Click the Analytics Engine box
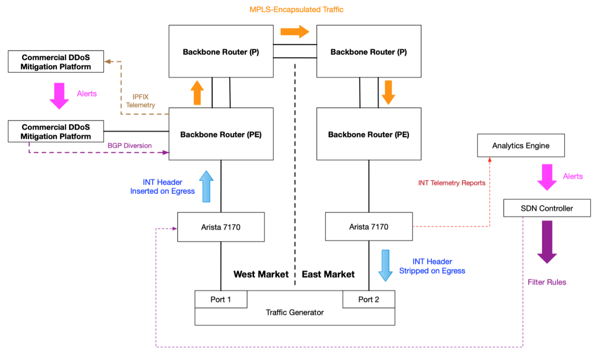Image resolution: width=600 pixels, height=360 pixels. [521, 146]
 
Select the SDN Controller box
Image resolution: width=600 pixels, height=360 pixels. [547, 208]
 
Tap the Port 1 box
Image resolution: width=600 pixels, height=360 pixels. [221, 299]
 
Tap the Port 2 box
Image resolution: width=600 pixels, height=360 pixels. [369, 299]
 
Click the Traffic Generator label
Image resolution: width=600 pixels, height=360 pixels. [295, 312]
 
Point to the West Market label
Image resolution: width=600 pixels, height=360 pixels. [261, 274]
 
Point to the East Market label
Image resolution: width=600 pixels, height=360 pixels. [328, 274]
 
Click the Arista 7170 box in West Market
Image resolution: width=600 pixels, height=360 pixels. [221, 227]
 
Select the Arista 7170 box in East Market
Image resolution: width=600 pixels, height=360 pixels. [369, 227]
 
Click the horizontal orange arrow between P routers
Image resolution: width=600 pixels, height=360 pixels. [295, 31]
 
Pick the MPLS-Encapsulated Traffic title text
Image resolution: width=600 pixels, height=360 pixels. [296, 9]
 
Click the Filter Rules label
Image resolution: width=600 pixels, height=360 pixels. [547, 282]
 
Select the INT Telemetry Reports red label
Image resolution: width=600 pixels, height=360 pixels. [452, 183]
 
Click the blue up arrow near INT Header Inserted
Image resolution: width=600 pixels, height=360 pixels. [206, 186]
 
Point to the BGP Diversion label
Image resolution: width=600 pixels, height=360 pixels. [130, 146]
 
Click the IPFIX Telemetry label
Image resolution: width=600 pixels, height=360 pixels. [140, 101]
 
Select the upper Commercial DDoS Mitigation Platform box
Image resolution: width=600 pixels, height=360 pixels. [56, 62]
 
